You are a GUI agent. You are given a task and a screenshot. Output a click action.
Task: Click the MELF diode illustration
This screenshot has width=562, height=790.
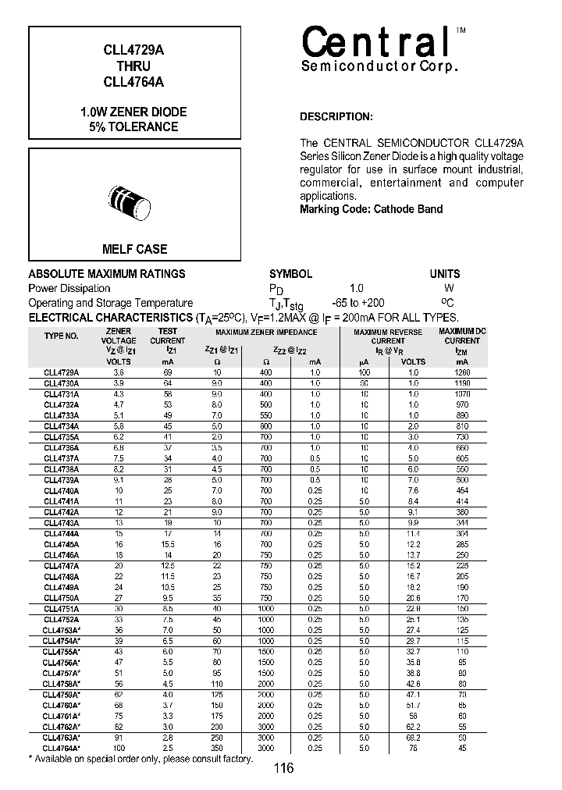pyautogui.click(x=133, y=200)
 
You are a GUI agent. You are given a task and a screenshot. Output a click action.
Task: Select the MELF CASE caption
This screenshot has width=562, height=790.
pyautogui.click(x=135, y=249)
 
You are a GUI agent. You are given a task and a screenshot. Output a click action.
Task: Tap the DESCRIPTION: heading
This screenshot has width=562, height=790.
pyautogui.click(x=336, y=117)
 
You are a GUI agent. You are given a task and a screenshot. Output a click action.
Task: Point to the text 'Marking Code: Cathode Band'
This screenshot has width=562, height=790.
pyautogui.click(x=371, y=209)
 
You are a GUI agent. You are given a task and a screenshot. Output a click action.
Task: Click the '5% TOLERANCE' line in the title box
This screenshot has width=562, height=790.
pyautogui.click(x=133, y=126)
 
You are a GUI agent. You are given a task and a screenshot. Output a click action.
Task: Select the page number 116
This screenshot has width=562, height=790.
pyautogui.click(x=283, y=769)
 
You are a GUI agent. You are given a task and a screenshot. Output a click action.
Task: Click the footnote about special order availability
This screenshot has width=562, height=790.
pyautogui.click(x=140, y=759)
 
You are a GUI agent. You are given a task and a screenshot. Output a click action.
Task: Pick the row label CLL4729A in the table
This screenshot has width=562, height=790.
pyautogui.click(x=61, y=373)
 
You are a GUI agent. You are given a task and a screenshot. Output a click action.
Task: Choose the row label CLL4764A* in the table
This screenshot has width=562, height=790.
pyautogui.click(x=62, y=748)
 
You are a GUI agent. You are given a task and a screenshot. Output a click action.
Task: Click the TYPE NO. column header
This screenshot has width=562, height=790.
pyautogui.click(x=61, y=336)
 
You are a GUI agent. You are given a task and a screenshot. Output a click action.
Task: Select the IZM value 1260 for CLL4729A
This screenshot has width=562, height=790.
pyautogui.click(x=462, y=373)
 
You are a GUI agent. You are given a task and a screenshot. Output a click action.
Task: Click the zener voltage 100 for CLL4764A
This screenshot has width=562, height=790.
pyautogui.click(x=119, y=748)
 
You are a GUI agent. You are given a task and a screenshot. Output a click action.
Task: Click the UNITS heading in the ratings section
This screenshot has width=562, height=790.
pyautogui.click(x=445, y=274)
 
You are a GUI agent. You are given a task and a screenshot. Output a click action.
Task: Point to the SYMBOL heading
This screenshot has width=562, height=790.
pyautogui.click(x=290, y=274)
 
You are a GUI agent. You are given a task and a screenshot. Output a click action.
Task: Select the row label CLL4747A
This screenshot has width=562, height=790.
pyautogui.click(x=61, y=566)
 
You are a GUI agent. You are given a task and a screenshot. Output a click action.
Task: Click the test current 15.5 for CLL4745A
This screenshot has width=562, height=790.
pyautogui.click(x=167, y=544)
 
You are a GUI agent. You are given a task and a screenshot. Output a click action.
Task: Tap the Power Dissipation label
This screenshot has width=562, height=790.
pyautogui.click(x=69, y=288)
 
